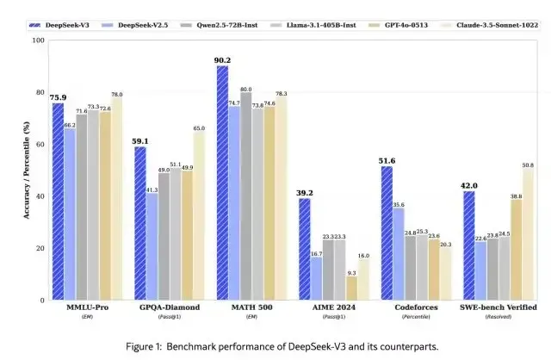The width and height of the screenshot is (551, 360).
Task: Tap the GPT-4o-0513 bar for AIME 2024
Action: click(x=351, y=288)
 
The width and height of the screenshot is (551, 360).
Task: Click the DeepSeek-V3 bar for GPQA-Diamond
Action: click(x=140, y=223)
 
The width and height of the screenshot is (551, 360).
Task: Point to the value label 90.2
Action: click(x=223, y=59)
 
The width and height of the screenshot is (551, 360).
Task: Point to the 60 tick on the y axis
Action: click(x=40, y=145)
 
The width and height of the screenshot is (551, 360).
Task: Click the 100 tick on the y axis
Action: click(x=39, y=40)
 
